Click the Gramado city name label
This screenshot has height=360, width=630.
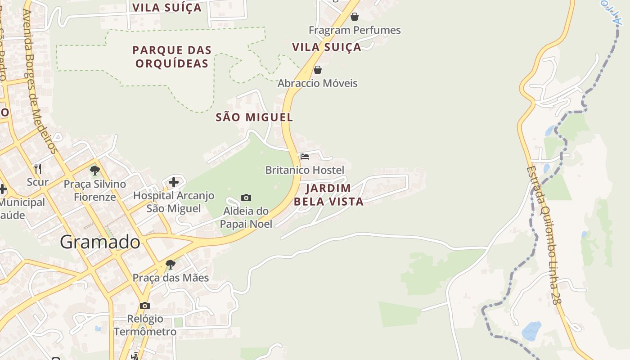click(100, 242)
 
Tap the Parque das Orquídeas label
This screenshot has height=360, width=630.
click(172, 57)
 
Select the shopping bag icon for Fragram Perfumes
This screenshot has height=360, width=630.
click(355, 17)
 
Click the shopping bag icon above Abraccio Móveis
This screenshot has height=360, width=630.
click(318, 70)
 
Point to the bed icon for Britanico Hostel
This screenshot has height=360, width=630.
click(305, 157)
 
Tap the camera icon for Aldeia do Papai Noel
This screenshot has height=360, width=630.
click(246, 198)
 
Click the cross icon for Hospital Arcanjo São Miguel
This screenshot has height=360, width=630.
click(174, 182)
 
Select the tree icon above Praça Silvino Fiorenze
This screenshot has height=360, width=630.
click(94, 171)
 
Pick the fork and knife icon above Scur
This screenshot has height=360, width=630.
click(38, 169)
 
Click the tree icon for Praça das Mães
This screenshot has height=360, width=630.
click(170, 264)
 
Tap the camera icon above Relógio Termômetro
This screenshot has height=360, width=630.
click(144, 306)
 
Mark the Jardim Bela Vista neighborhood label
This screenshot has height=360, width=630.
click(328, 195)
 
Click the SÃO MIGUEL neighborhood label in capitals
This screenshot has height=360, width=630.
click(254, 117)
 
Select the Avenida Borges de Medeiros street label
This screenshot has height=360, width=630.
click(40, 81)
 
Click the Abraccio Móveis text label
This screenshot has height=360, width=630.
click(317, 83)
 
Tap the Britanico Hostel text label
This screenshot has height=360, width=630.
click(305, 170)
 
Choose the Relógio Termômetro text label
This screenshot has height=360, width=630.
click(145, 325)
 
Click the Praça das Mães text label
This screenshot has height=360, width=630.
click(171, 278)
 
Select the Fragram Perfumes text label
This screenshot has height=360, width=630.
click(355, 30)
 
